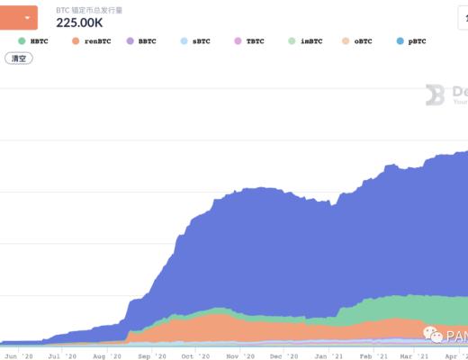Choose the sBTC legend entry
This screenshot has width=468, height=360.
click(x=199, y=41)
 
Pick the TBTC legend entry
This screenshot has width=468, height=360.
click(x=253, y=41)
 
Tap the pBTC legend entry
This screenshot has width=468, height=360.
click(x=416, y=41)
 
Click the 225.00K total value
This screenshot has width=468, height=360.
click(x=79, y=23)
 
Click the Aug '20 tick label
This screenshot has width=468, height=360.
click(x=112, y=356)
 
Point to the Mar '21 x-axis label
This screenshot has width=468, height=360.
click(x=409, y=356)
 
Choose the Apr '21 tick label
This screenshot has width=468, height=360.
click(x=455, y=356)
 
